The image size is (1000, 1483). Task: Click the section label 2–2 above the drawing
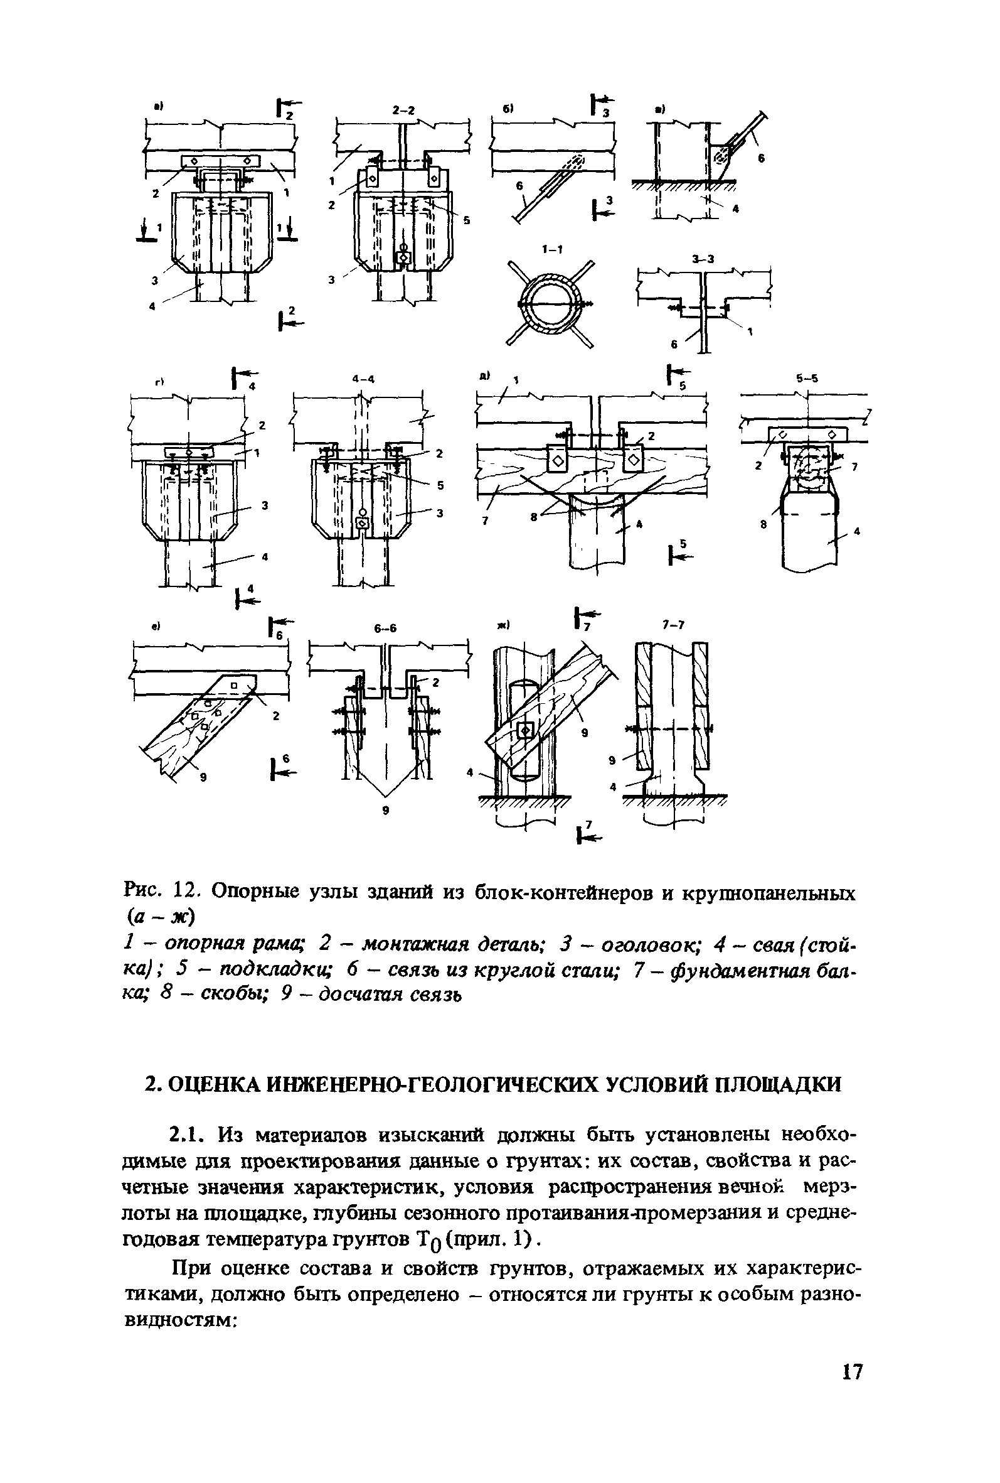(402, 111)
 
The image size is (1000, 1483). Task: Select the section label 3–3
(703, 259)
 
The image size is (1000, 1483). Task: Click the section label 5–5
(807, 379)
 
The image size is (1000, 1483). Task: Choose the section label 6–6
(385, 628)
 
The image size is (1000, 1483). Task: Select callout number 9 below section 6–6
(386, 810)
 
